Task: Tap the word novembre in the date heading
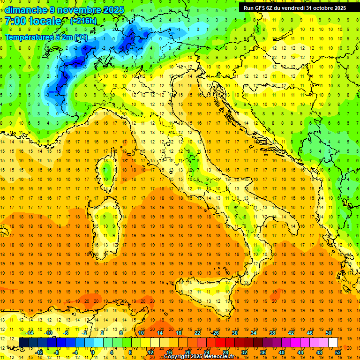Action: point(77,10)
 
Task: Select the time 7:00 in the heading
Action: point(15,21)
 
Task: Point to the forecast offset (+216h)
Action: point(83,21)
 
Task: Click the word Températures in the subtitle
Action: point(28,37)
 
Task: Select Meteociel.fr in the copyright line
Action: point(221,357)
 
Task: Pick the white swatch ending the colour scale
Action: point(333,342)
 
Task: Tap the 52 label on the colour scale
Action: point(338,352)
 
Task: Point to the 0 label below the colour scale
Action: point(92,352)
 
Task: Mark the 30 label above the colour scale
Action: point(234,333)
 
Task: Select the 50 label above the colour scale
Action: point(328,333)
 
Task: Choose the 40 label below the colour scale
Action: point(282,352)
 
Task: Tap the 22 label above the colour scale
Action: point(197,333)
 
